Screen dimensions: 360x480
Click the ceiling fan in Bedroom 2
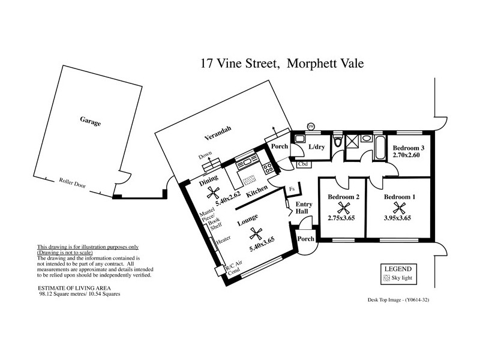pyautogui.click(x=343, y=208)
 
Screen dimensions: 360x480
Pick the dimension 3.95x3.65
pyautogui.click(x=397, y=218)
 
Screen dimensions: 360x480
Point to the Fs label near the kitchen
pyautogui.click(x=292, y=190)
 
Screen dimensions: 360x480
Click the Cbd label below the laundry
pyautogui.click(x=303, y=163)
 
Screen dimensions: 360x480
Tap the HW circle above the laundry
pyautogui.click(x=311, y=126)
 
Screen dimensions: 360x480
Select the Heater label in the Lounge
pyautogui.click(x=223, y=239)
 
